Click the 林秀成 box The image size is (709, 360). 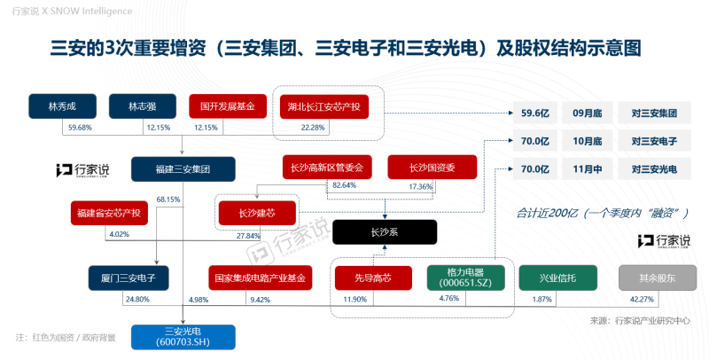(62, 106)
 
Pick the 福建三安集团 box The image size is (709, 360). (183, 169)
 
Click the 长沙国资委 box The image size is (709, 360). (432, 167)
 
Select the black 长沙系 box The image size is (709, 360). (385, 232)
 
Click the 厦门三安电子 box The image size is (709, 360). (122, 278)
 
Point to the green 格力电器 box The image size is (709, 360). (464, 278)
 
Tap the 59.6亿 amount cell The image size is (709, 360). (536, 114)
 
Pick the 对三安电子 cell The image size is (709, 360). (654, 141)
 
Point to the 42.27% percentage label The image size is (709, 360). (641, 300)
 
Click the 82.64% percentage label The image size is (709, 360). (343, 186)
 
